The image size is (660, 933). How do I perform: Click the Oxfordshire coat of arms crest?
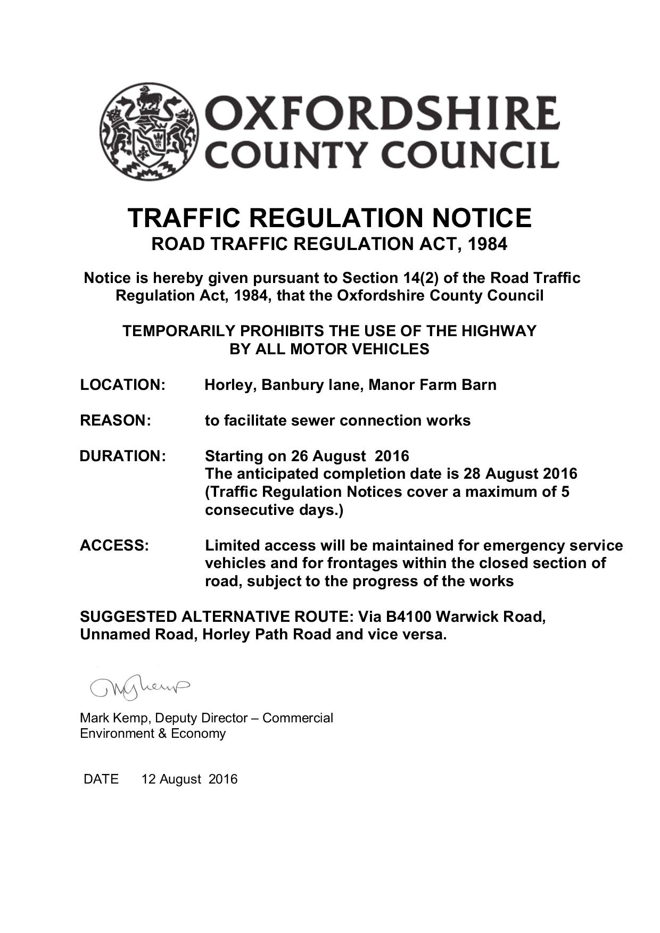(x=149, y=132)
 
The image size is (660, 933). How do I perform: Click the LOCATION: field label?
(x=122, y=385)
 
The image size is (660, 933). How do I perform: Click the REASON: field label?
(x=115, y=421)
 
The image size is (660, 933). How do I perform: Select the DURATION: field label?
(x=122, y=456)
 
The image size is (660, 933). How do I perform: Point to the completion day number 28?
(x=472, y=474)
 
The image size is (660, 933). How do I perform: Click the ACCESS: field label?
(x=114, y=546)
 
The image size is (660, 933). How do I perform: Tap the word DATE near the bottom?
(x=101, y=779)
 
